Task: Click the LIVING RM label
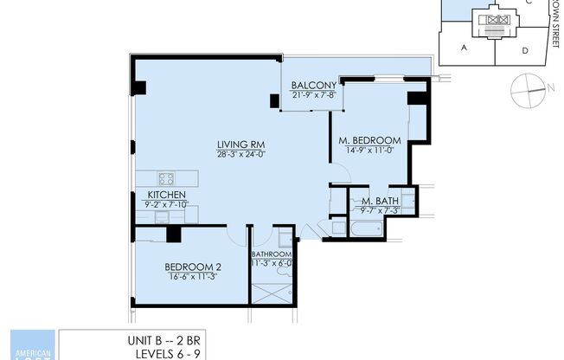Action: click(x=240, y=145)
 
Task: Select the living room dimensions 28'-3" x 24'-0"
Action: click(x=240, y=154)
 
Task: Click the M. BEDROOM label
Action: click(x=369, y=140)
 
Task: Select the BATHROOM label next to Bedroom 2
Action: click(x=272, y=254)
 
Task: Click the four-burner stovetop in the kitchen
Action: click(x=166, y=179)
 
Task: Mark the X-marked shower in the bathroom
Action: click(x=272, y=292)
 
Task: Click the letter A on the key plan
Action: click(x=464, y=48)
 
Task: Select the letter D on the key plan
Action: click(x=525, y=50)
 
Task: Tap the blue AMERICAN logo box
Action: click(x=32, y=345)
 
